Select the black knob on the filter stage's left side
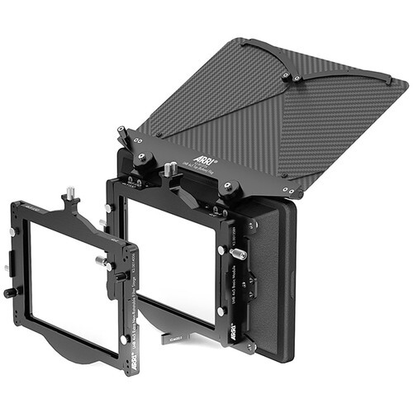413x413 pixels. pos(10,292)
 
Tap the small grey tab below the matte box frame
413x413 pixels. pos(172,338)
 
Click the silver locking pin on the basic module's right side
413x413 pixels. pos(221,250)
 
